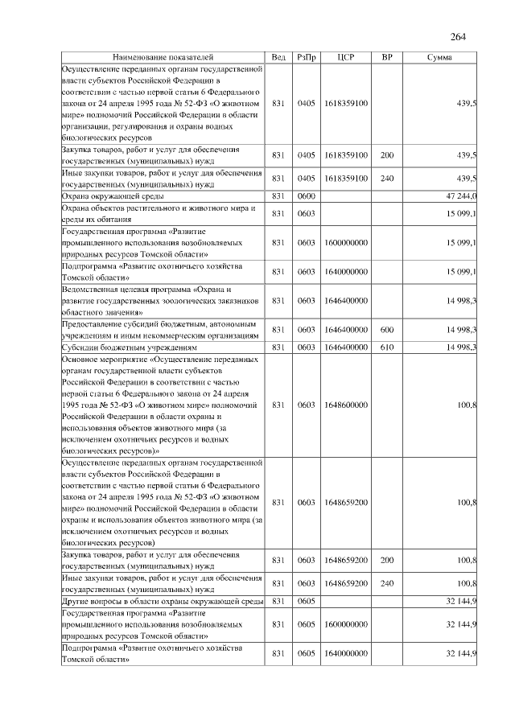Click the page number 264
[458, 35]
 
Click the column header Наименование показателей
[163, 58]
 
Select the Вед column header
[278, 58]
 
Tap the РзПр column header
[307, 58]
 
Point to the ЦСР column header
[346, 58]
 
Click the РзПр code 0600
[307, 195]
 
